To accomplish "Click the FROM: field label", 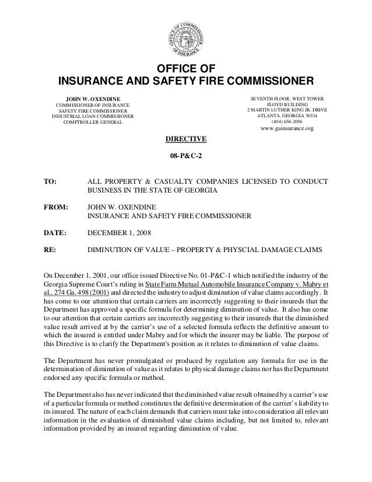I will [56, 207].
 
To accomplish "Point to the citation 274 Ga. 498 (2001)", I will [78, 291].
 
